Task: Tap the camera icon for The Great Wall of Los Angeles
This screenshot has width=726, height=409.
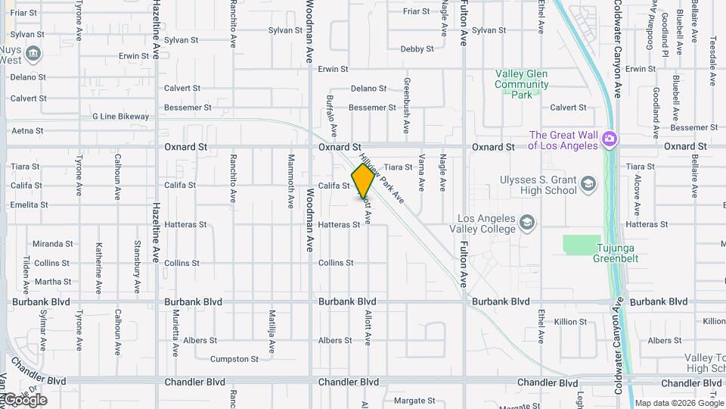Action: (x=610, y=139)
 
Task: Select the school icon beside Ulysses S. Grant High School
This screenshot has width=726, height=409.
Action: (x=588, y=184)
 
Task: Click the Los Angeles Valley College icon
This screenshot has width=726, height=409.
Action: (x=527, y=223)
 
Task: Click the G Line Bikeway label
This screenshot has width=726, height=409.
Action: (x=120, y=117)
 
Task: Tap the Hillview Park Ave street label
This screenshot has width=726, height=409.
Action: (x=383, y=174)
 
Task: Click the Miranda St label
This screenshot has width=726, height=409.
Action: (x=52, y=244)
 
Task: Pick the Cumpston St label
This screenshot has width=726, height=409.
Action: (x=234, y=359)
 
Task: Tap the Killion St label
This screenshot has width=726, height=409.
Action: (x=570, y=322)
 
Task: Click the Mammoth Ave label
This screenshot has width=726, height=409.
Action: (x=291, y=181)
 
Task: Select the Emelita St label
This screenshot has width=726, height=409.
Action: (x=29, y=204)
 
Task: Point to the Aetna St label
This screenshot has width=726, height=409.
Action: (x=27, y=131)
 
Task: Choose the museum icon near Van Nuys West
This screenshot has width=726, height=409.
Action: (x=33, y=54)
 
